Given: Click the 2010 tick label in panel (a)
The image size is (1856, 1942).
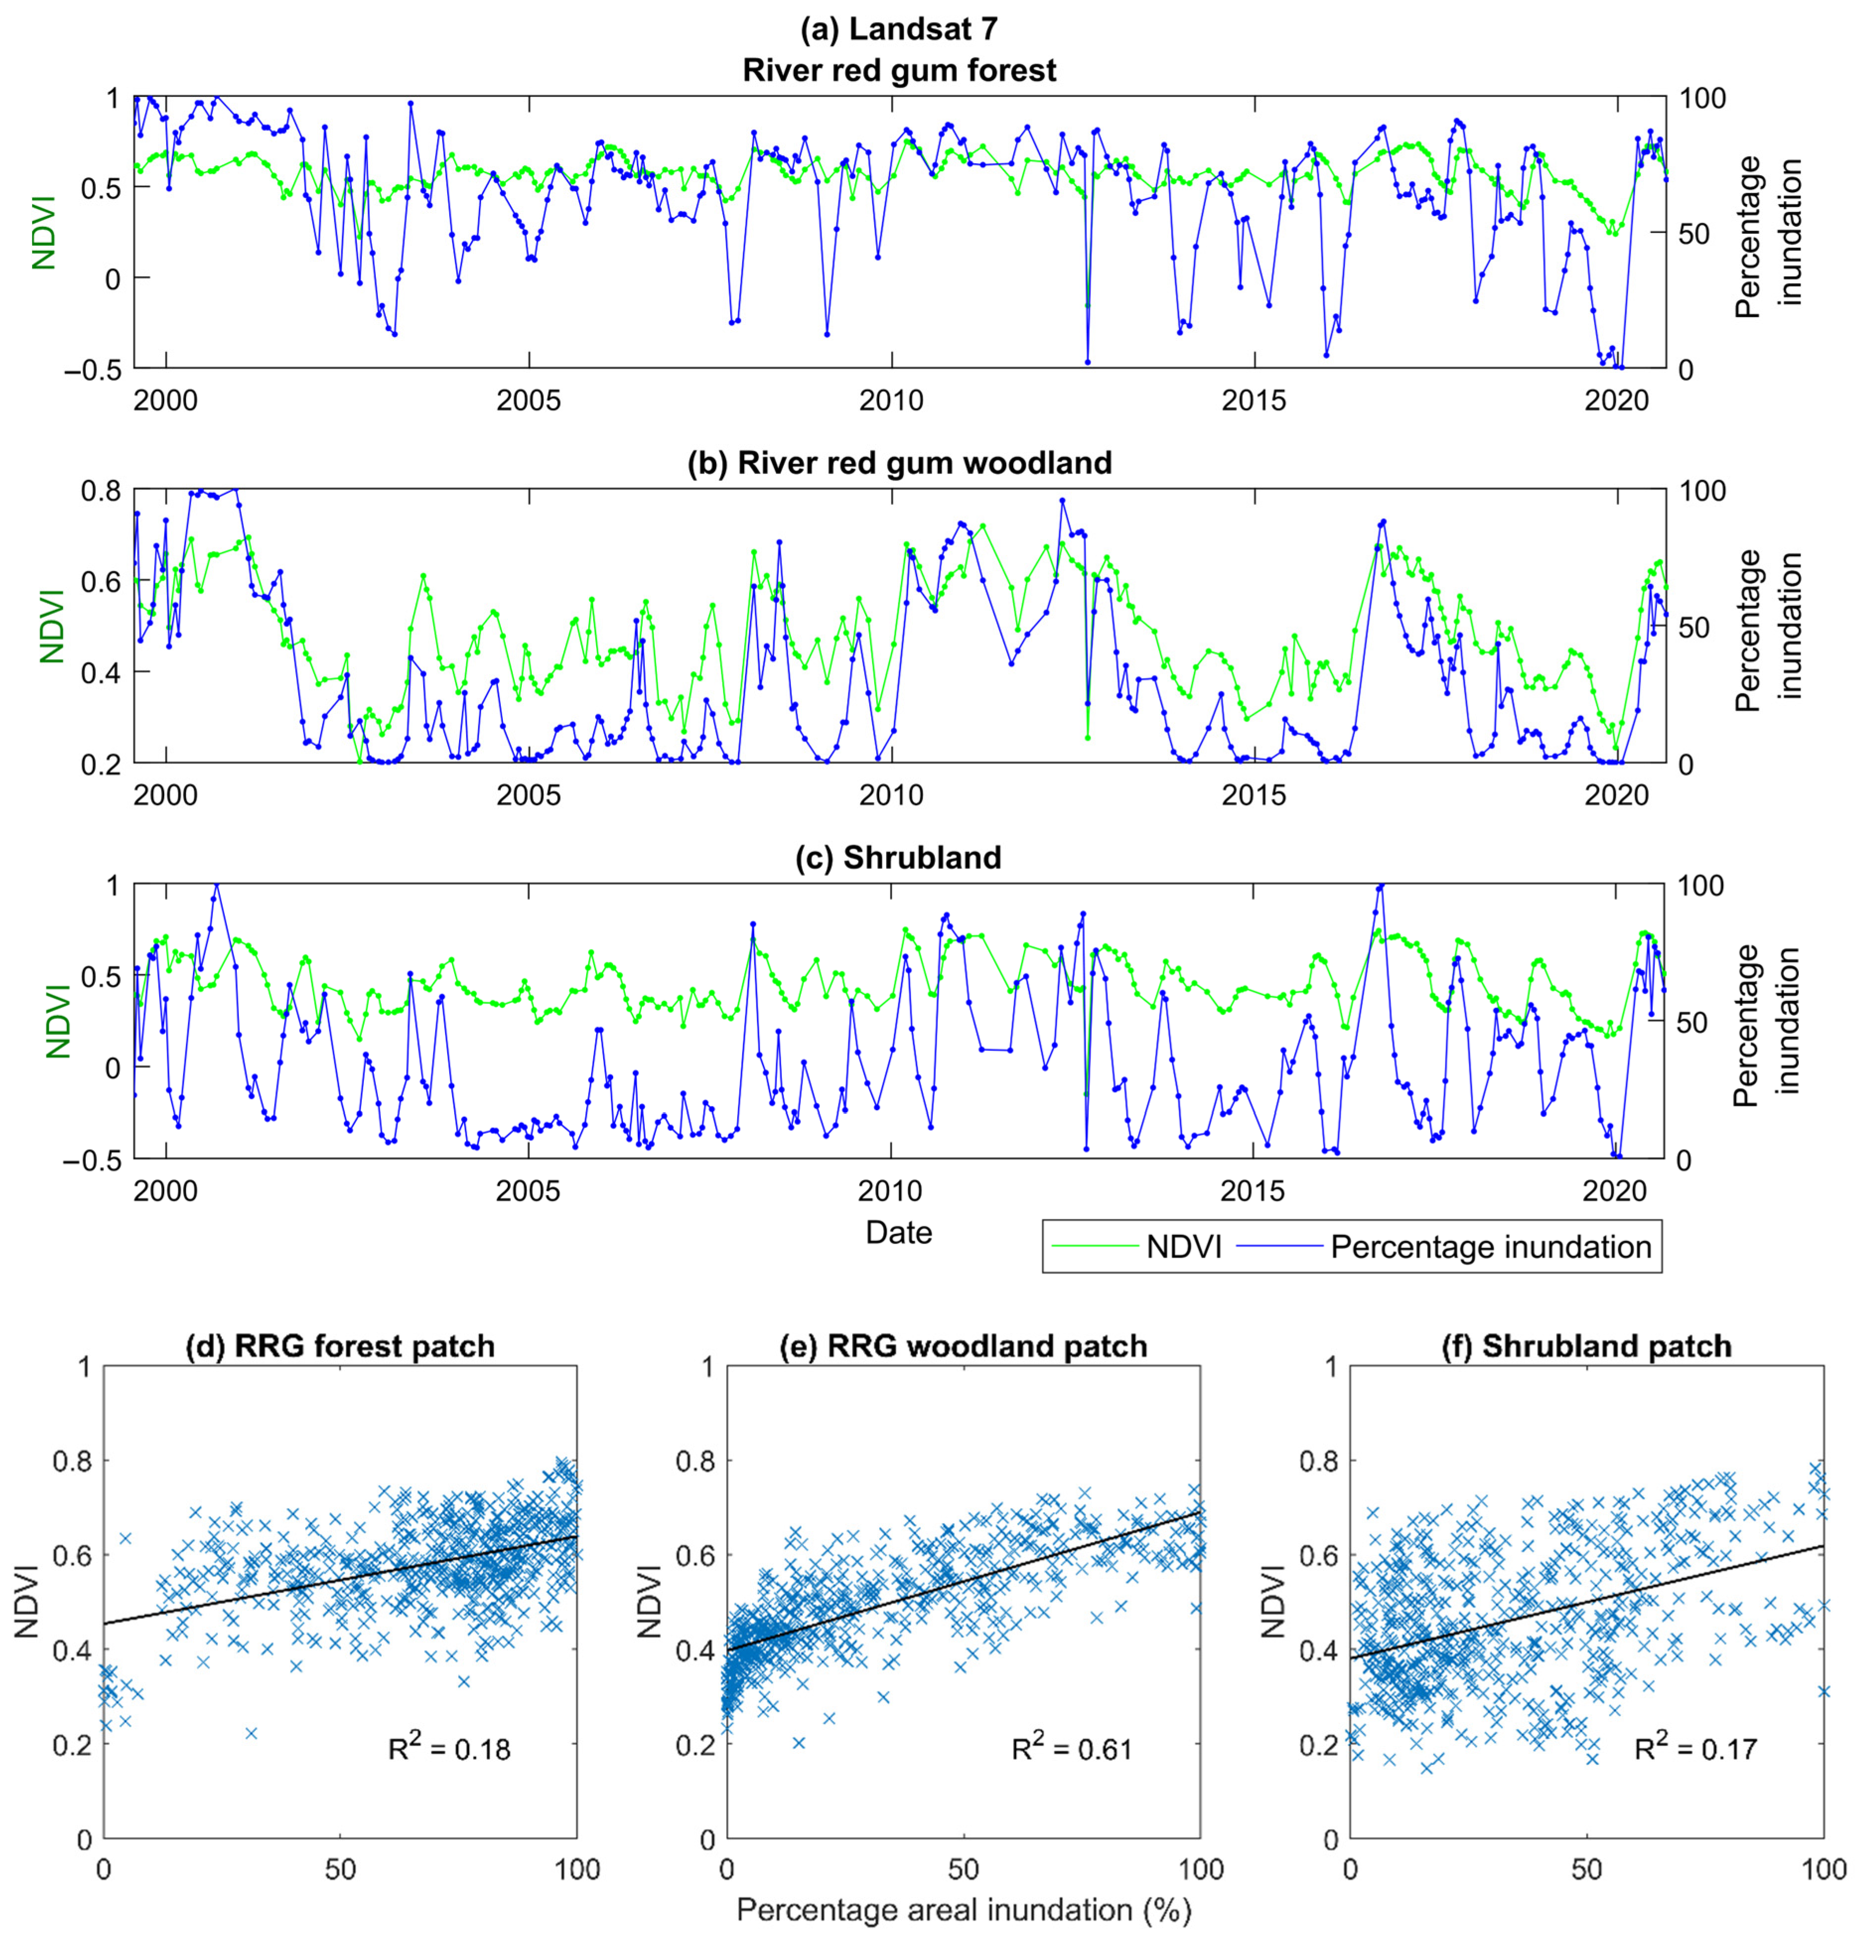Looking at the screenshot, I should coord(892,401).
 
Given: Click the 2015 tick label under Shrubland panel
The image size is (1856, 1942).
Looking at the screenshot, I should coord(1253,1190).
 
